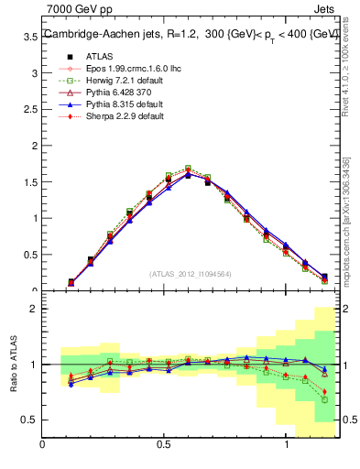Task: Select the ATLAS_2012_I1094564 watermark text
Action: tap(189, 273)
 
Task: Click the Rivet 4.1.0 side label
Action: tap(346, 73)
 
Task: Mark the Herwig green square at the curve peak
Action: tap(188, 169)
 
